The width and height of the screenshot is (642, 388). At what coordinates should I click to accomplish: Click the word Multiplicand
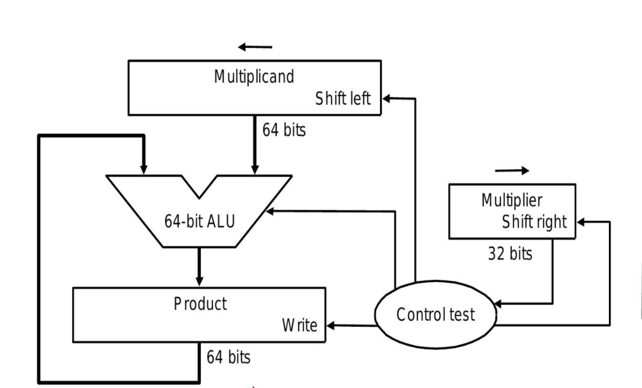254,77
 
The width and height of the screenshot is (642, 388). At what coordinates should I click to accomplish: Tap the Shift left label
343,99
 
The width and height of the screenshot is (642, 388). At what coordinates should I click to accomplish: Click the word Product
200,304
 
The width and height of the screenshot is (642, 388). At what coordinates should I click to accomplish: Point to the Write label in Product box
299,326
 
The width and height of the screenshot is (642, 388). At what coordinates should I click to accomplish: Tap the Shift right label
534,222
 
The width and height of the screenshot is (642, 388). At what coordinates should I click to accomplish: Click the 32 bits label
510,254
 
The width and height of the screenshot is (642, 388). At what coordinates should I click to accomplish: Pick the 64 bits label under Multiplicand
284,132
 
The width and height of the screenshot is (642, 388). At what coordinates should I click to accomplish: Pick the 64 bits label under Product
228,357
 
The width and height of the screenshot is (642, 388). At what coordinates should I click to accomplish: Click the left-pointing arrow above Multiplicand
255,47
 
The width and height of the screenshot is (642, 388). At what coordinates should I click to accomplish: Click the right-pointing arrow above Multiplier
512,171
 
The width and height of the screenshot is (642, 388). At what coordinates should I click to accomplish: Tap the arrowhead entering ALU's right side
270,211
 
